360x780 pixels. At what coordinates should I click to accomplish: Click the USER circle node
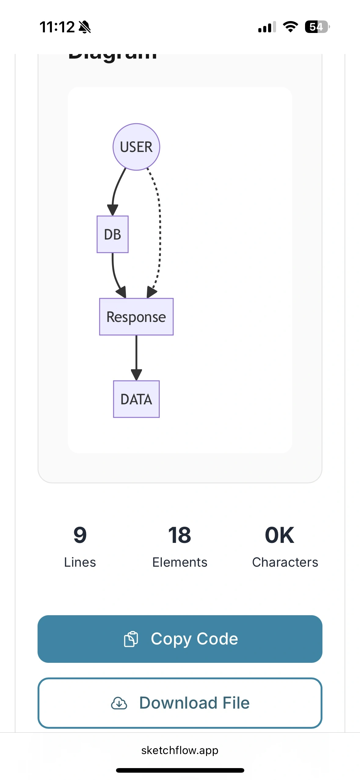point(136,147)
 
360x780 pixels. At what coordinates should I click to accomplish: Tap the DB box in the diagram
point(112,234)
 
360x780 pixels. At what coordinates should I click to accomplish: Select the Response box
point(136,317)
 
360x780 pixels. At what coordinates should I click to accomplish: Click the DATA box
point(136,399)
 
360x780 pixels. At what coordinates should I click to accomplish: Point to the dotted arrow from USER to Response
point(160,232)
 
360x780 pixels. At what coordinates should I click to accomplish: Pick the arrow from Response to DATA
point(136,357)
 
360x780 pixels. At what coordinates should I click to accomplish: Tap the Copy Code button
point(180,639)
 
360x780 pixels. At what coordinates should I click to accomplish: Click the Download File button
point(180,703)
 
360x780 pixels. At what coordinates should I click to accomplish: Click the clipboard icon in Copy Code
point(131,639)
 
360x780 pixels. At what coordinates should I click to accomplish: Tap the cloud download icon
point(119,703)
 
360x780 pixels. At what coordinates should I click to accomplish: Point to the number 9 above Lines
point(80,535)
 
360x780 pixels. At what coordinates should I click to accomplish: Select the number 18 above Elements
point(180,535)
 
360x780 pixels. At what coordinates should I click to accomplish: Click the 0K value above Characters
point(279,535)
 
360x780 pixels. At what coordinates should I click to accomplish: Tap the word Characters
point(285,562)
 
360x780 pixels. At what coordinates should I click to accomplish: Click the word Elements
point(180,562)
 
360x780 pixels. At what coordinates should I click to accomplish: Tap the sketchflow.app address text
point(180,750)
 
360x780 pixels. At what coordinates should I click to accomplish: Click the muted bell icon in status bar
point(85,27)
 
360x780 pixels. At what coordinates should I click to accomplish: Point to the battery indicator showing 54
point(317,27)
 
